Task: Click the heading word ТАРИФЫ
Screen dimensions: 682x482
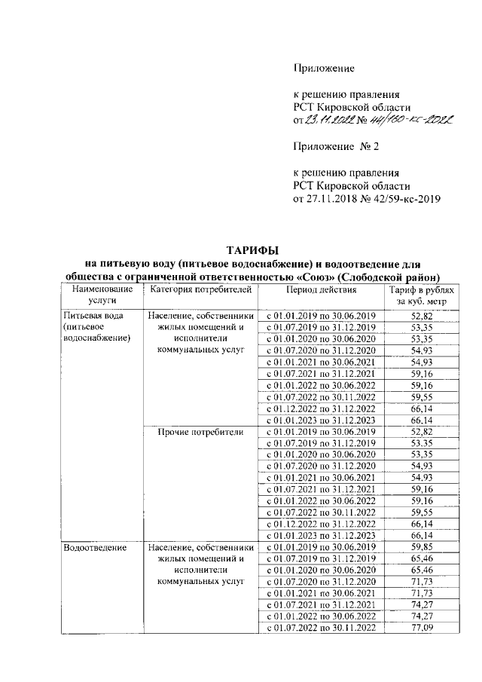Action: (x=254, y=249)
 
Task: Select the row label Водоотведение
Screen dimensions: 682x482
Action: (x=95, y=547)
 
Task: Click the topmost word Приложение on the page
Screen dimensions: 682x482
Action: (x=323, y=69)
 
